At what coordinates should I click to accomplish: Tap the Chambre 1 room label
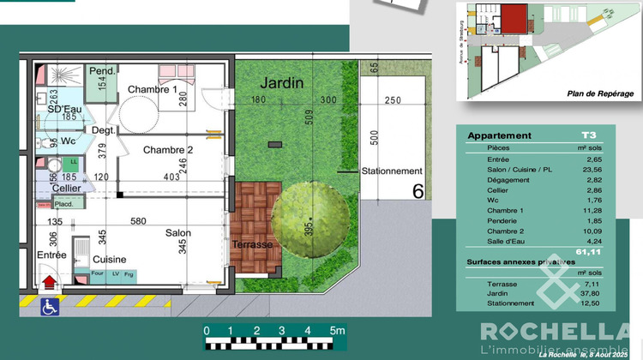[x=153, y=89]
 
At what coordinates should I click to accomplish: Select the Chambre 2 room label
[x=168, y=150]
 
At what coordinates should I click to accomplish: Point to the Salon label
[x=178, y=232]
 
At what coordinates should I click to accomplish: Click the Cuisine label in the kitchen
[x=110, y=259]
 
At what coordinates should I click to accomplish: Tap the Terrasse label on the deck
[x=252, y=244]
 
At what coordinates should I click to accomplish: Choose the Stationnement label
[x=393, y=171]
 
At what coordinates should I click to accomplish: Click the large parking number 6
[x=418, y=190]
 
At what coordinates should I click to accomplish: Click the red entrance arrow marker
[x=50, y=280]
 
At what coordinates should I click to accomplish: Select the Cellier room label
[x=66, y=188]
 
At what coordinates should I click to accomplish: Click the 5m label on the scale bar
[x=336, y=330]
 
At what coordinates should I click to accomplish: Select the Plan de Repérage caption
[x=600, y=93]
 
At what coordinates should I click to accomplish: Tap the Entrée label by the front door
[x=51, y=255]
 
